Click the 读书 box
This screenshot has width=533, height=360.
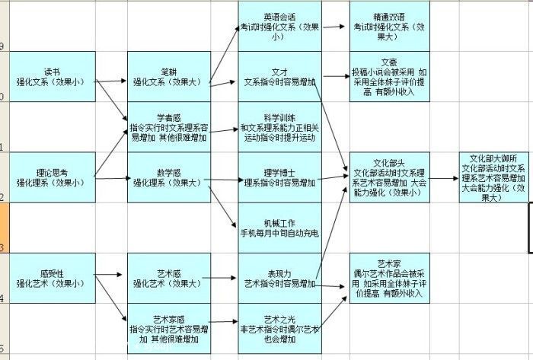pyautogui.click(x=53, y=76)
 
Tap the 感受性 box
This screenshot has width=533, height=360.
pyautogui.click(x=53, y=278)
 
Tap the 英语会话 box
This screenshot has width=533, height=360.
pyautogui.click(x=279, y=26)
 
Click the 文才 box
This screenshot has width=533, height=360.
pyautogui.click(x=279, y=76)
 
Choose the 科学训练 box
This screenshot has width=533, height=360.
pyautogui.click(x=279, y=126)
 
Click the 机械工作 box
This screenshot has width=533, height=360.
pyautogui.click(x=279, y=227)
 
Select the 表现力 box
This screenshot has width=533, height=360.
pyautogui.click(x=279, y=278)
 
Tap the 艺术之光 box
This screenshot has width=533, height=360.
pyautogui.click(x=279, y=328)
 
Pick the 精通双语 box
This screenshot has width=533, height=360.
pyautogui.click(x=389, y=26)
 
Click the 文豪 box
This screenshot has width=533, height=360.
pyautogui.click(x=389, y=76)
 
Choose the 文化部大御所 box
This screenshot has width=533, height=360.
pyautogui.click(x=494, y=177)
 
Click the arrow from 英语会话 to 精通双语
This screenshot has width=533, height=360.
pyautogui.click(x=335, y=26)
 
